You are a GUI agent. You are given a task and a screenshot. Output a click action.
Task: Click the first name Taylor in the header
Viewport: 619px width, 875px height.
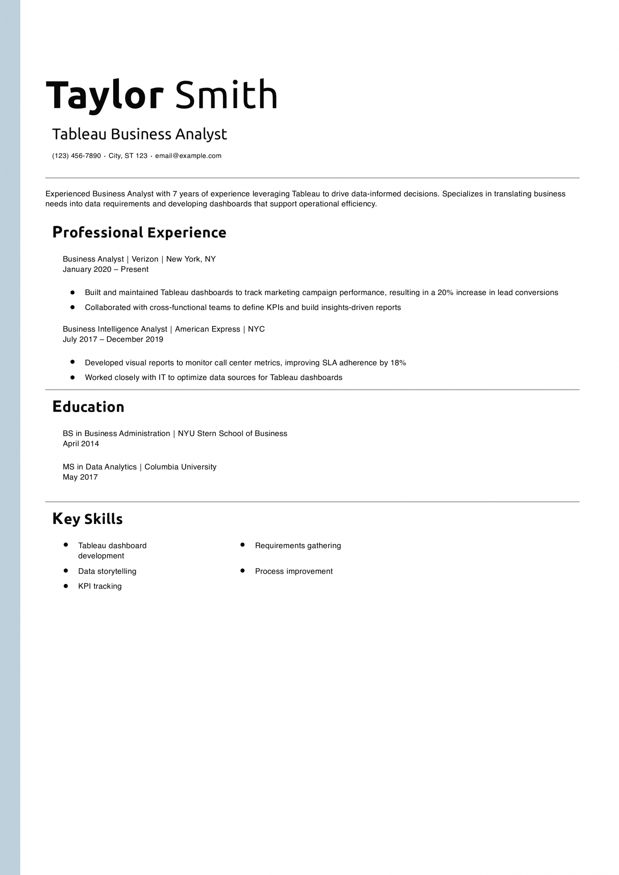[x=105, y=95]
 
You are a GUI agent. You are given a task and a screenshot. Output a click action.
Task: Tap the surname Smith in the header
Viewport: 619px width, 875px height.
[x=226, y=95]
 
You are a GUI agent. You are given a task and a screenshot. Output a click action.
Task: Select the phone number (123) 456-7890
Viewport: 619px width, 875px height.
[x=76, y=156]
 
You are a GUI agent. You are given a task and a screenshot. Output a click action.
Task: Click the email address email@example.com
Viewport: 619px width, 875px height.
[x=188, y=156]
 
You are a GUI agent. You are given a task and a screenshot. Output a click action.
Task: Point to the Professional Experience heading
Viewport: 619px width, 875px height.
[x=139, y=233]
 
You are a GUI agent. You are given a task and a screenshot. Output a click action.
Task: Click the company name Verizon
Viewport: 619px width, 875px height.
[x=145, y=259]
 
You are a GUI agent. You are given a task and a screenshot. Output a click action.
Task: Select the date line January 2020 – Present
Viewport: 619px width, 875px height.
[x=105, y=269]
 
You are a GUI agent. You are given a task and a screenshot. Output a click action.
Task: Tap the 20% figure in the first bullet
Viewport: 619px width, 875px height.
[x=445, y=292]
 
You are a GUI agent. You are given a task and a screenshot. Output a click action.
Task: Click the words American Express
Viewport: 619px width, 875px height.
[x=207, y=329]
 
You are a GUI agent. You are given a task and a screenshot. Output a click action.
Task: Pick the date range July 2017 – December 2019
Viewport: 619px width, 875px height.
[x=113, y=340]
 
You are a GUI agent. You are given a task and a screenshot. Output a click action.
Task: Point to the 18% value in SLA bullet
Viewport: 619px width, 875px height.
[x=398, y=363]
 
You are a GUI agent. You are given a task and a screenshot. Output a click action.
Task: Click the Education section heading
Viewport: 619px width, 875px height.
[x=88, y=407]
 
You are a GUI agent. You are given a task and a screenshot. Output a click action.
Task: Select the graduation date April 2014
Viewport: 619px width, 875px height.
[x=81, y=444]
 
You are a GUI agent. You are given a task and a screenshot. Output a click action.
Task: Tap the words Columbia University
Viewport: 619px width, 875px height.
[x=180, y=467]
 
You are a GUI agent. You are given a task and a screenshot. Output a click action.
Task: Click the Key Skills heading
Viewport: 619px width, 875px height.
[x=87, y=519]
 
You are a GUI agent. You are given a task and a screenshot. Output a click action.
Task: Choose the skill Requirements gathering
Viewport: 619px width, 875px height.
[x=298, y=546]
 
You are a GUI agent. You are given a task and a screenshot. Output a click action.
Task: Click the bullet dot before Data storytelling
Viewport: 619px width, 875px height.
[x=66, y=571]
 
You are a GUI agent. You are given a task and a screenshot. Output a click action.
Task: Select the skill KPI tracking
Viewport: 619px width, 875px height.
[x=100, y=586]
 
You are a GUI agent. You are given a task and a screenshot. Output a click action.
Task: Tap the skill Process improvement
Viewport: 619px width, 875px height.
[x=294, y=571]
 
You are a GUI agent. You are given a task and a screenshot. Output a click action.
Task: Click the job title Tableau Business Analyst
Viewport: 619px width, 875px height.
[x=139, y=134]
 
